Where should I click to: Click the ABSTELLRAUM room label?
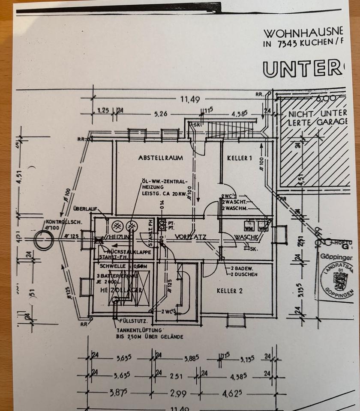[x=160, y=158]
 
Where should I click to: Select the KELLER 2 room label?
[x=230, y=291]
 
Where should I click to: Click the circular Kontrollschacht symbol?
[x=44, y=241]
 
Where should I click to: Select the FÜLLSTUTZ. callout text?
[x=135, y=321]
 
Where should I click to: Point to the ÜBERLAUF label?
[x=85, y=209]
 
